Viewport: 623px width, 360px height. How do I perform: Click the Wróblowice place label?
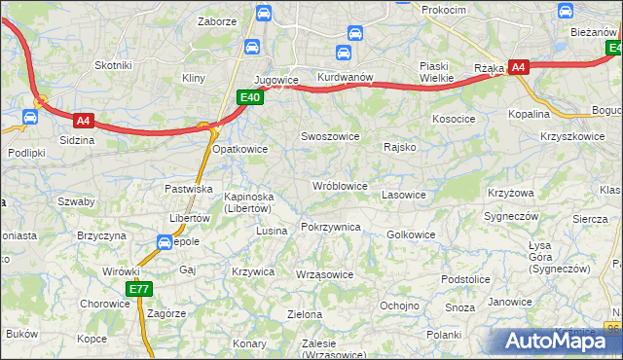tap(339, 185)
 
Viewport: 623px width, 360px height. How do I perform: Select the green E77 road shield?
tap(139, 289)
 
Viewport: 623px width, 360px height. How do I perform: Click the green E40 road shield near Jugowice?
tap(250, 96)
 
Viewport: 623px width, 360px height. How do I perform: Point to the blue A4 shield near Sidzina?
tap(84, 121)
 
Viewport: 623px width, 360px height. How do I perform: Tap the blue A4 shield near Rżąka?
tap(519, 67)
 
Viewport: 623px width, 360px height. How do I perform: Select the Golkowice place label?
tap(411, 234)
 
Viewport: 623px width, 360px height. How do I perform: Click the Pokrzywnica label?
tap(331, 227)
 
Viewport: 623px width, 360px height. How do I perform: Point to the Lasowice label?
tap(404, 195)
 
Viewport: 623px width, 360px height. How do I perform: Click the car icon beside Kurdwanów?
tap(343, 53)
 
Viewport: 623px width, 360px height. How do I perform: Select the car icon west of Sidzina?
tap(29, 118)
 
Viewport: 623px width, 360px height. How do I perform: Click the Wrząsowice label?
tap(324, 274)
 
